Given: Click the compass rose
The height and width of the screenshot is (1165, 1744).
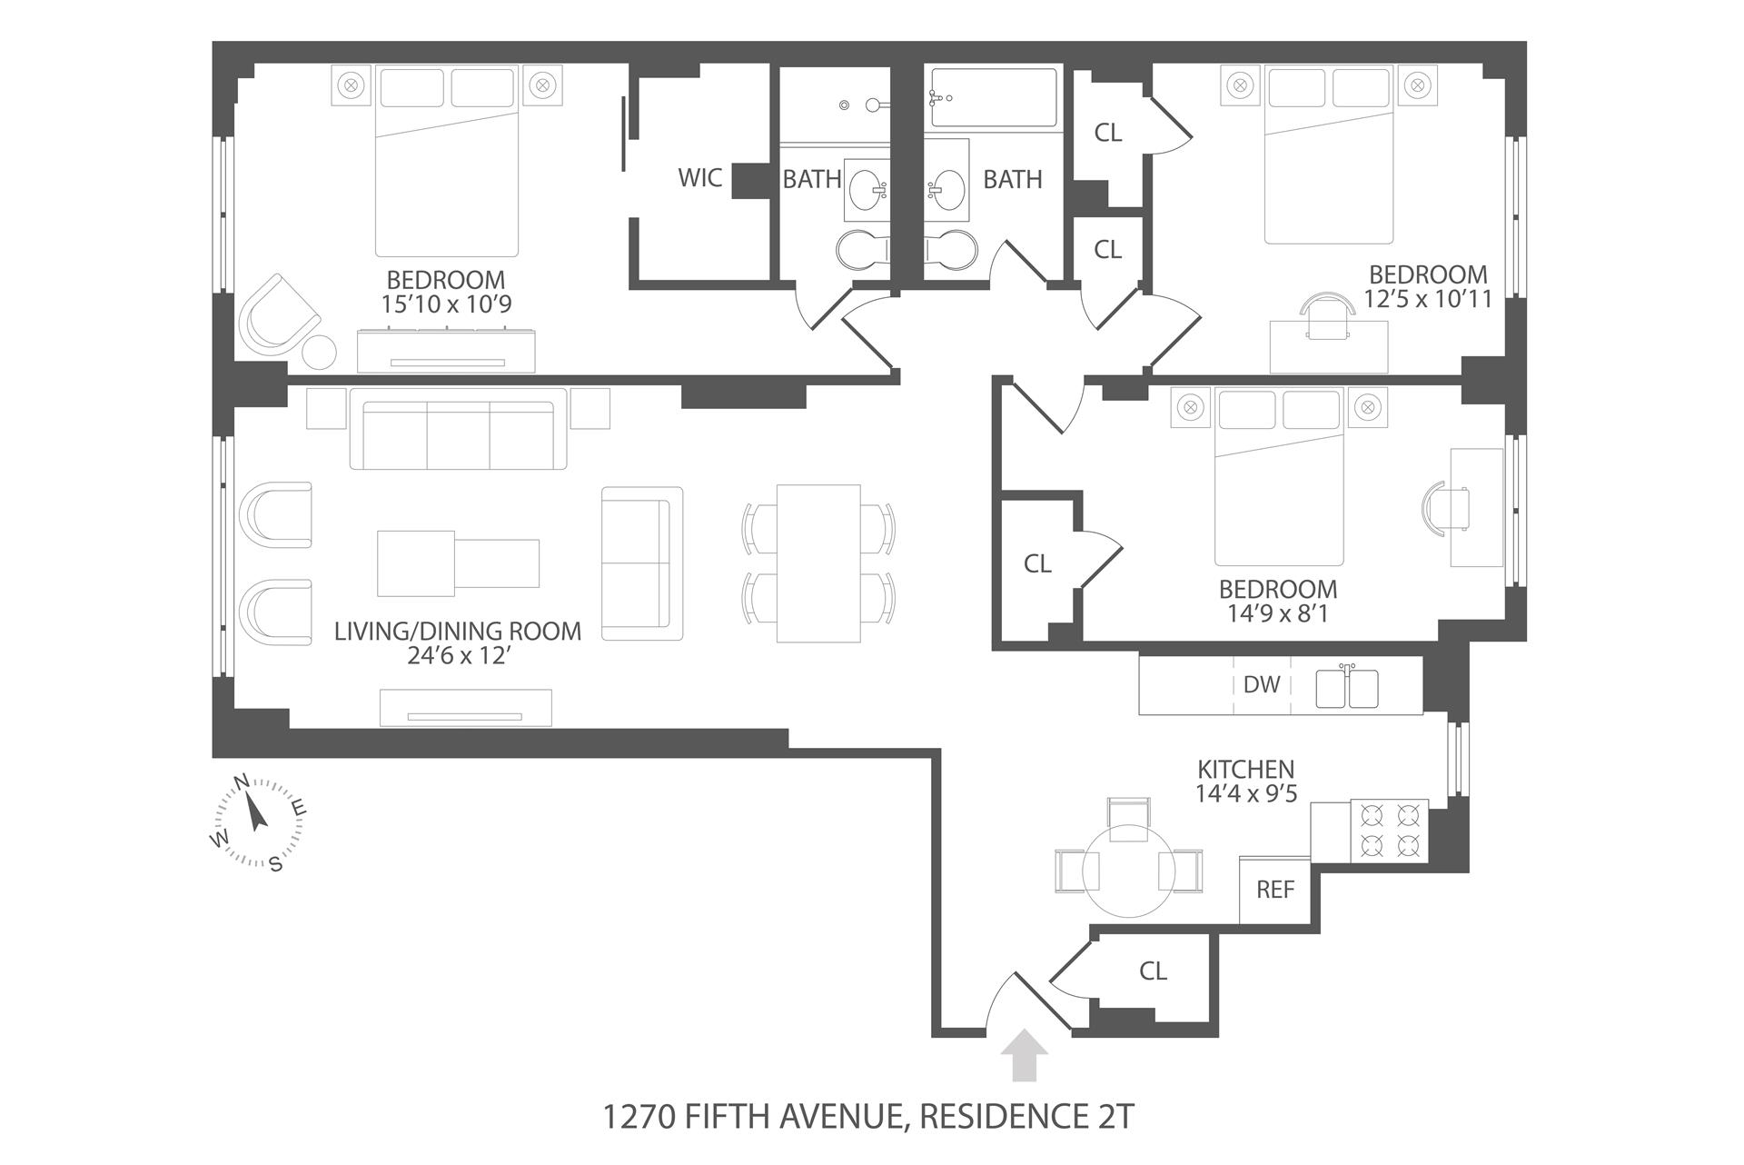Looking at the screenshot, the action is click(x=258, y=821).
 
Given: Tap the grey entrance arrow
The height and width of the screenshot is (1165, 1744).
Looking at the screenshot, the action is click(x=1024, y=1054).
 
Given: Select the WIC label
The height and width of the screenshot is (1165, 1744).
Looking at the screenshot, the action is click(x=700, y=177).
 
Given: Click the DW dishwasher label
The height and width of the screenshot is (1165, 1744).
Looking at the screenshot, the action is click(x=1261, y=684).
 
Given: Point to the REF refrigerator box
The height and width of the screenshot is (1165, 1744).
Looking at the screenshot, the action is click(x=1274, y=890).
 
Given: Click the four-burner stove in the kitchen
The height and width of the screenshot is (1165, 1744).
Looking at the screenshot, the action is click(x=1388, y=831).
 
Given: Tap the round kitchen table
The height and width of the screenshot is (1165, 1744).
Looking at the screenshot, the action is click(x=1129, y=871).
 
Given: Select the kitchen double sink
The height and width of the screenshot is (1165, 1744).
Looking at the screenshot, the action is click(x=1347, y=688).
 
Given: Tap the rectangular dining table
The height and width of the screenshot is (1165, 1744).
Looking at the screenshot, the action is click(x=818, y=563).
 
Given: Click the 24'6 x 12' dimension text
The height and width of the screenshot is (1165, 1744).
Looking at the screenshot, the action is click(x=457, y=655).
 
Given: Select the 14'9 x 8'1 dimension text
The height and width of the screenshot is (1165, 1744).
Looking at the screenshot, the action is click(x=1277, y=613).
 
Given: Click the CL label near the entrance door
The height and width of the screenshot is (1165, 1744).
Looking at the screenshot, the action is click(x=1153, y=971).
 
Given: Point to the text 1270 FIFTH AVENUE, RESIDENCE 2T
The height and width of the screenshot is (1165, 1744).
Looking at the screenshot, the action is click(x=869, y=1116).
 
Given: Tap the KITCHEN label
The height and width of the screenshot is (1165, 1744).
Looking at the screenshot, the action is click(x=1245, y=769).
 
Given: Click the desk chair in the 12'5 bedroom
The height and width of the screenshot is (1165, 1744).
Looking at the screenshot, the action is click(x=1328, y=315).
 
